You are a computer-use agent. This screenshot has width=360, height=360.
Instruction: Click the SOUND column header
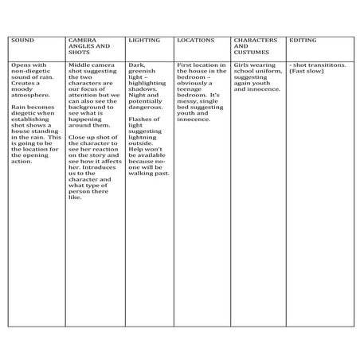click(22, 39)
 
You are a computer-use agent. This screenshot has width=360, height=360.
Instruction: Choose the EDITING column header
click(303, 39)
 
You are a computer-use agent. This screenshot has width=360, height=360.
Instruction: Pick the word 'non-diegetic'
click(31, 72)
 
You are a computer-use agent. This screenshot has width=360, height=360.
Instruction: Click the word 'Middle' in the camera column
click(80, 65)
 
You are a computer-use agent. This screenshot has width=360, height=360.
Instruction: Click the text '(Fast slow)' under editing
click(306, 72)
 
